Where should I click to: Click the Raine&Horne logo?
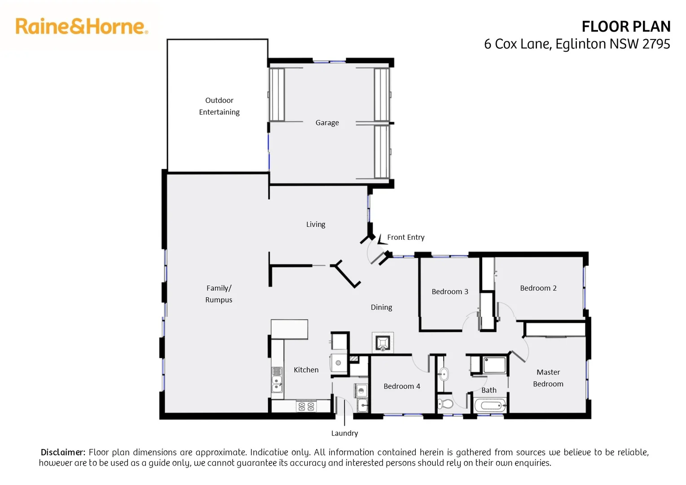(81, 26)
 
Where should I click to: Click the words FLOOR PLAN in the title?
(626, 26)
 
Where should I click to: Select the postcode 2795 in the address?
(656, 44)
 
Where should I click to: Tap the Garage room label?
(327, 123)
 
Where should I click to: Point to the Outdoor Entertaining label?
(219, 106)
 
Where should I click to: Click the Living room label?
(316, 224)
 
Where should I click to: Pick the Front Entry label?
(405, 237)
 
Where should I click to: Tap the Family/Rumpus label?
(219, 294)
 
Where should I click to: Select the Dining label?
(381, 307)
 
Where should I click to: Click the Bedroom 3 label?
(449, 291)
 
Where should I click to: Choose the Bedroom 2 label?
(538, 288)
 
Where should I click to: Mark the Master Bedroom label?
(548, 378)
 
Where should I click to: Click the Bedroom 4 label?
(401, 386)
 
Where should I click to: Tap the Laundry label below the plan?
(344, 433)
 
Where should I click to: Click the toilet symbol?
(445, 403)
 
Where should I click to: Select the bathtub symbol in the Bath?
(490, 406)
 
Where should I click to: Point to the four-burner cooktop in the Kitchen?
(306, 406)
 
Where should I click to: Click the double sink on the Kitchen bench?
(277, 386)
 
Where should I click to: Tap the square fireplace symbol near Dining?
(383, 343)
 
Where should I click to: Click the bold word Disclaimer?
(62, 452)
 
